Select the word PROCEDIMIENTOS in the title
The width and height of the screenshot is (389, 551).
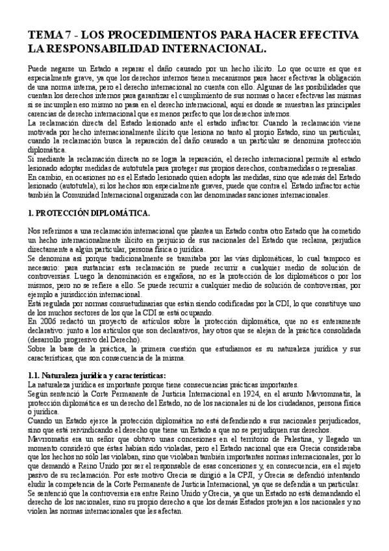(x=164, y=34)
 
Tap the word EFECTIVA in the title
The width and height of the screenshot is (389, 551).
(x=325, y=34)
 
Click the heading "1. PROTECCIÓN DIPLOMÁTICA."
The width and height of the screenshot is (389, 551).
(x=90, y=212)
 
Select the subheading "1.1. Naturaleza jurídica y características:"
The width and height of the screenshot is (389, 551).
(x=97, y=375)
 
